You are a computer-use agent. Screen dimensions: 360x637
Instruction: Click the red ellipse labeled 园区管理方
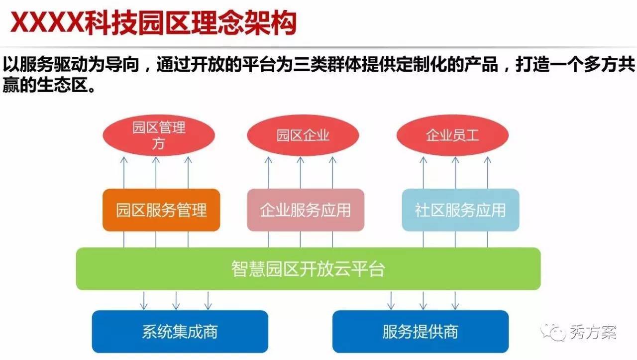click(158, 135)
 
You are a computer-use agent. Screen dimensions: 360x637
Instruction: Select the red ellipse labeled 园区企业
click(303, 135)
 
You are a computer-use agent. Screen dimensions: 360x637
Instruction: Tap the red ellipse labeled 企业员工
click(452, 135)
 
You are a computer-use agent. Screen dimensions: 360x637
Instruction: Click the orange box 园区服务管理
click(161, 210)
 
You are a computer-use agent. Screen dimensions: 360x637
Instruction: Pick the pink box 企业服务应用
click(306, 210)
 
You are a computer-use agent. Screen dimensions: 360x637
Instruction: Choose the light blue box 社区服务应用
click(460, 210)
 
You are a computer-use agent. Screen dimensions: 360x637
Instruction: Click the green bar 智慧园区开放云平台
click(308, 269)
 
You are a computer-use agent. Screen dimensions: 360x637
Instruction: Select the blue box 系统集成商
click(180, 332)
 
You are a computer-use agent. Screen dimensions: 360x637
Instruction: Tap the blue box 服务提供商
click(420, 332)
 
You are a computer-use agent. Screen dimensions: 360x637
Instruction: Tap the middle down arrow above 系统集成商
click(176, 300)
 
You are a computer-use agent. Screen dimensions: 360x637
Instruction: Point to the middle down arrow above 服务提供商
click(423, 300)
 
